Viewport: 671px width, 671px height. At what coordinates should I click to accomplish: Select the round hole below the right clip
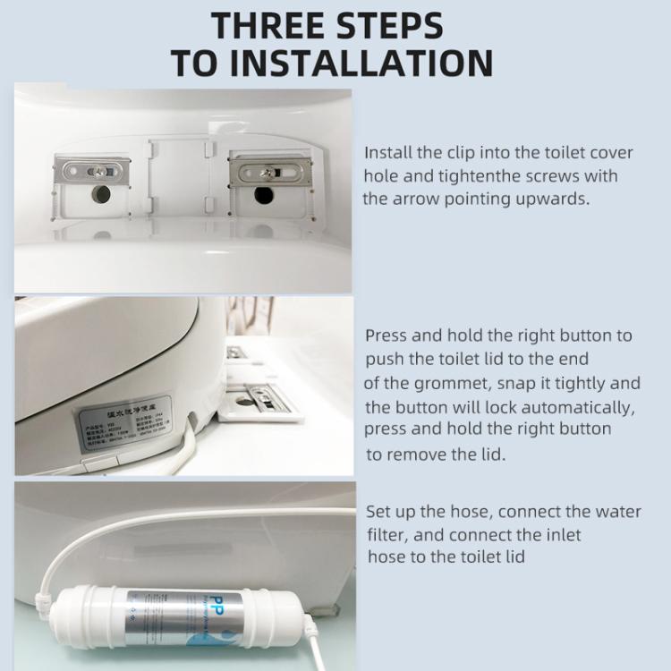[264, 194]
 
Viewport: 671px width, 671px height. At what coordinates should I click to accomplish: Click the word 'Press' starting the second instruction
[386, 335]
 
